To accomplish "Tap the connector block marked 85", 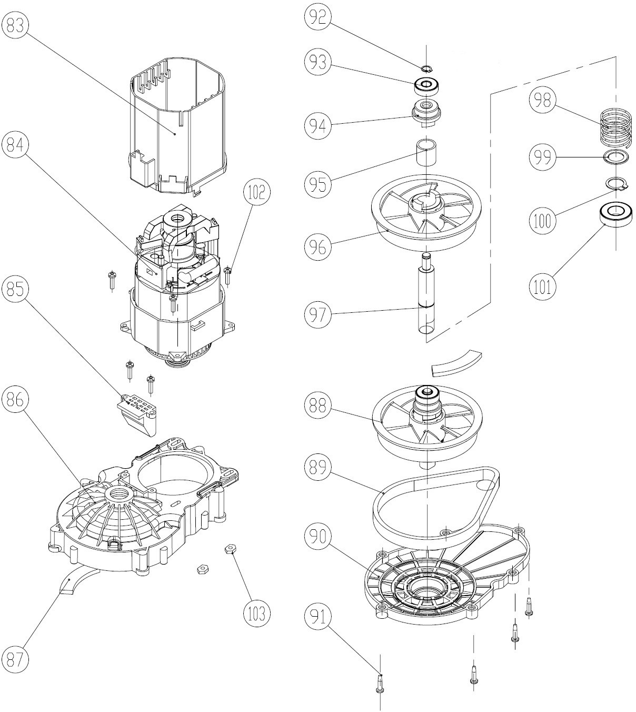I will click(x=135, y=411).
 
